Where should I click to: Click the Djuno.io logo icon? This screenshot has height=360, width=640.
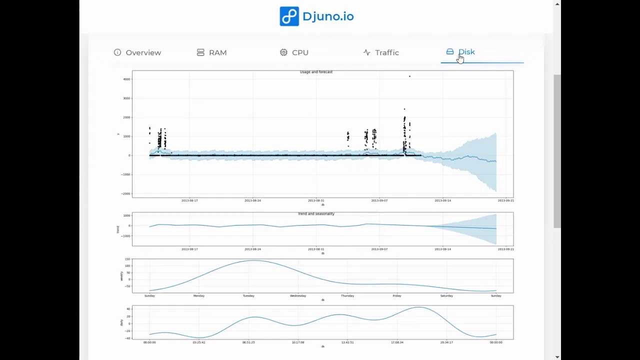click(289, 16)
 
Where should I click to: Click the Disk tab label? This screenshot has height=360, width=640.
click(466, 52)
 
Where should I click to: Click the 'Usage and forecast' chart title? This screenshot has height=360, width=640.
click(316, 72)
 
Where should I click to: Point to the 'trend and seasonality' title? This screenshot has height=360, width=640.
click(316, 214)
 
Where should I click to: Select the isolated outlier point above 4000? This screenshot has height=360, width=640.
click(409, 76)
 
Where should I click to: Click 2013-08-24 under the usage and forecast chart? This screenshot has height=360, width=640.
click(252, 200)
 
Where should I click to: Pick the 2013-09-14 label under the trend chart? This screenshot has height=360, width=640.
click(442, 249)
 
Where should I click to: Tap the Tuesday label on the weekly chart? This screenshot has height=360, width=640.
click(248, 296)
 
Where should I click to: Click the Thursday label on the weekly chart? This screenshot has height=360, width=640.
click(347, 296)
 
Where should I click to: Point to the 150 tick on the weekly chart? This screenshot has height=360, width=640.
click(127, 259)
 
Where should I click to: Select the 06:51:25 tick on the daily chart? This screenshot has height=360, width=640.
click(248, 342)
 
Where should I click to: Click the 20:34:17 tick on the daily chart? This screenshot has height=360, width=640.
click(446, 342)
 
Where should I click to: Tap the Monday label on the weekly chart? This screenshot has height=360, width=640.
click(199, 296)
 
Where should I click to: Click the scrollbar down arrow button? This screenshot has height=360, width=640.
click(557, 356)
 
